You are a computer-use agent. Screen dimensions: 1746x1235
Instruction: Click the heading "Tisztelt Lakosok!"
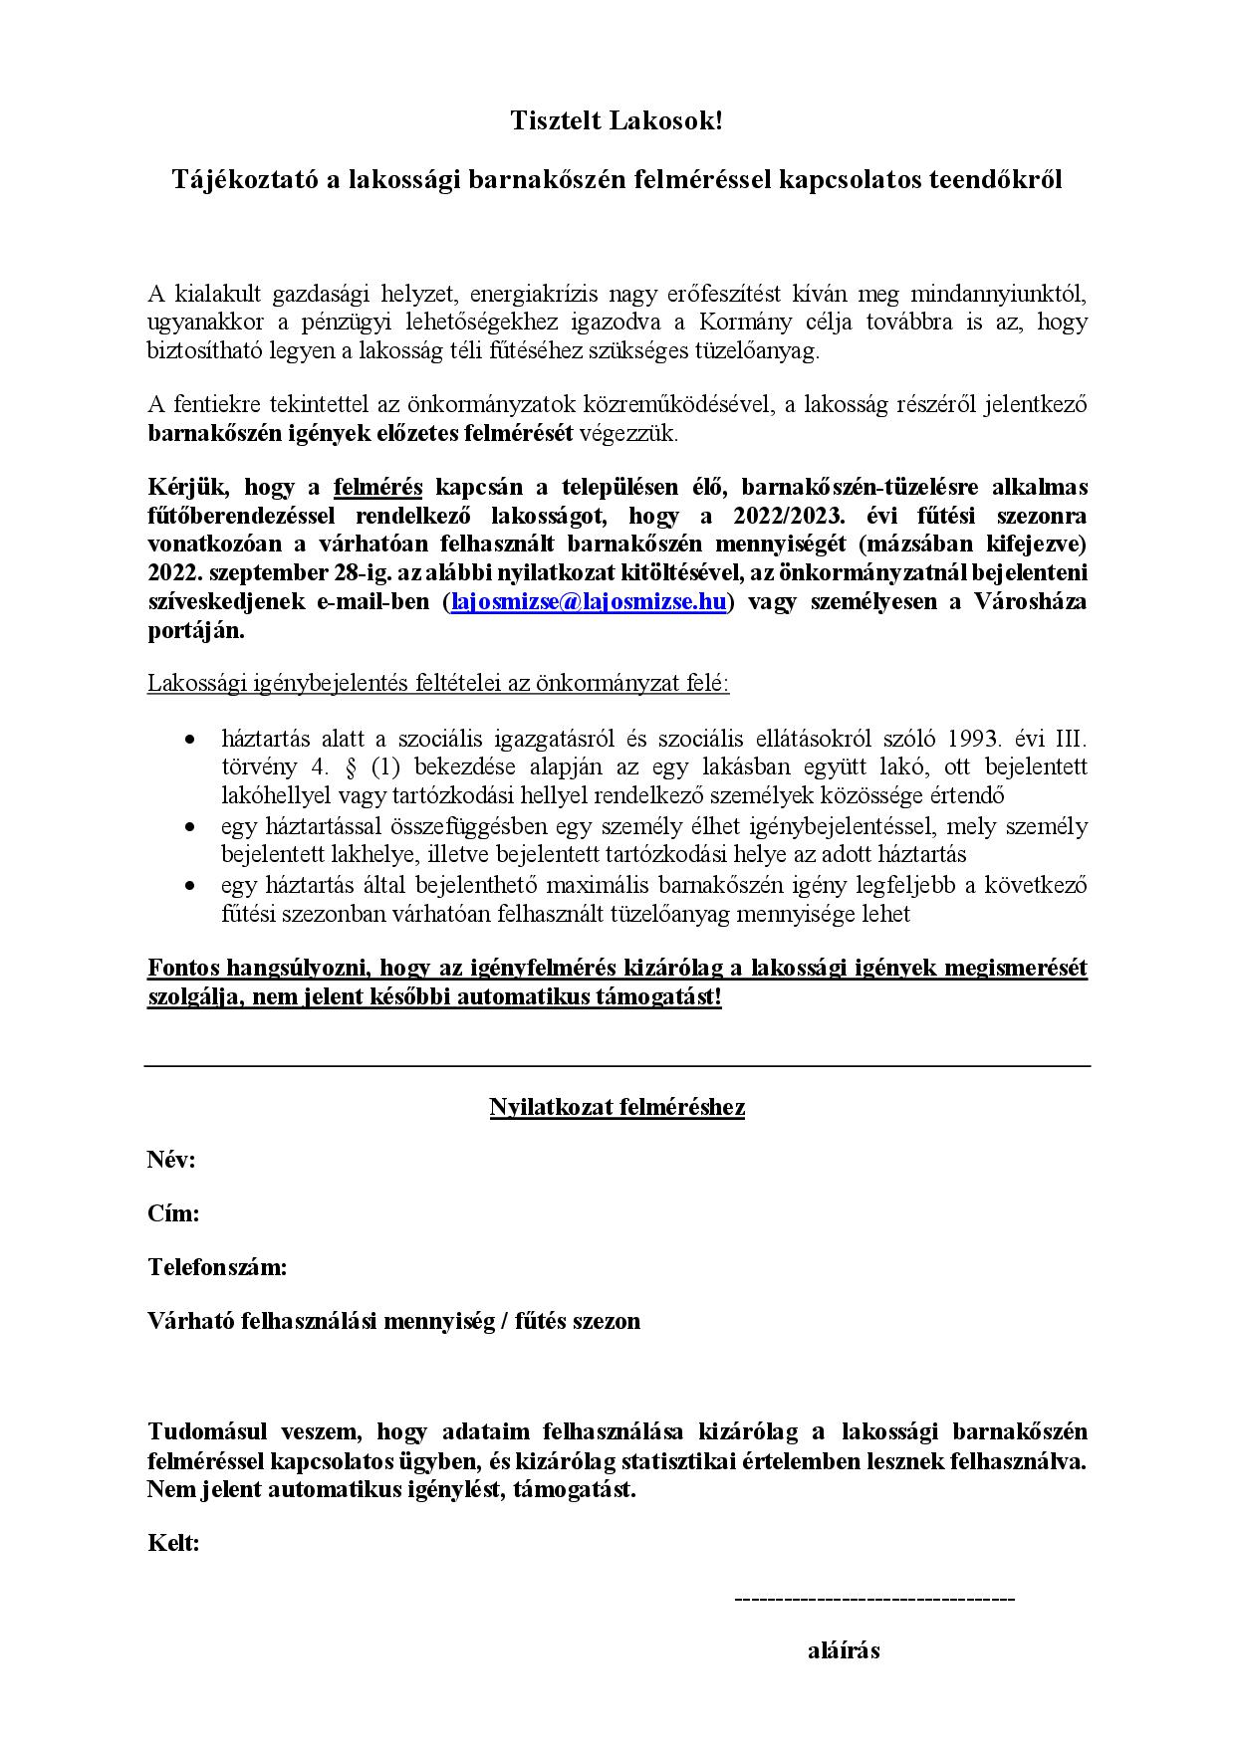click(x=617, y=121)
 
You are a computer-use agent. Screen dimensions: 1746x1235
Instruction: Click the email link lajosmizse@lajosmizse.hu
click(x=589, y=602)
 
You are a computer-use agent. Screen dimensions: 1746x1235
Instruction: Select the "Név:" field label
click(x=171, y=1160)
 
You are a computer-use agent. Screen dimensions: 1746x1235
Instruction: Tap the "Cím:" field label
click(x=173, y=1213)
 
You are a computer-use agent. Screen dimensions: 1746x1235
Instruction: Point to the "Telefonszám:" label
click(x=217, y=1267)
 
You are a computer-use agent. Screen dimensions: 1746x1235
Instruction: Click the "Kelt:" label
click(x=173, y=1543)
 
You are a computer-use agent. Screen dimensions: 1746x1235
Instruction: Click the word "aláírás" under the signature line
click(x=844, y=1650)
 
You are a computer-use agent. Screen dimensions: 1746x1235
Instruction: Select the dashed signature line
click(x=873, y=1599)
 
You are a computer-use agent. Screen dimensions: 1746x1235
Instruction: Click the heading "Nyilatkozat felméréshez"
click(x=617, y=1107)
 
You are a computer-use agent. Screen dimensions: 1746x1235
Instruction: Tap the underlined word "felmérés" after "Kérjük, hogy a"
click(x=377, y=487)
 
